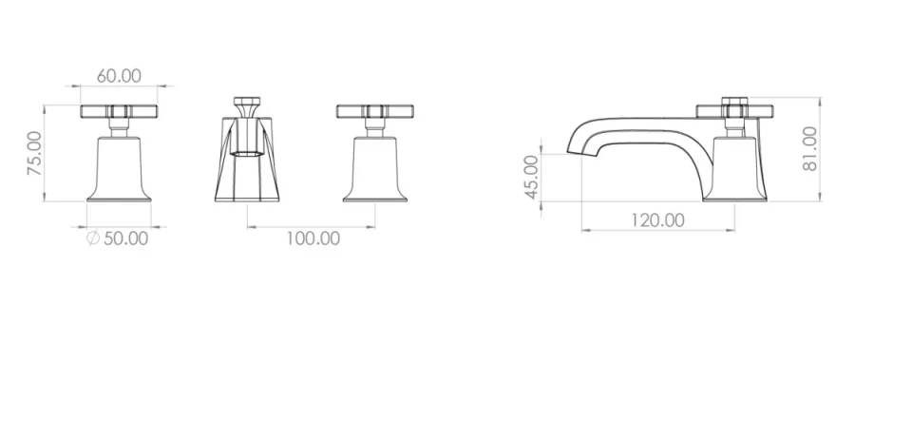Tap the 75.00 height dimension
tap(34, 153)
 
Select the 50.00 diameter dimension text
tap(125, 238)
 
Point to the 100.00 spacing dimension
tap(313, 238)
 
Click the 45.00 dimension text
tap(531, 177)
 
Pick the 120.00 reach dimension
tap(657, 220)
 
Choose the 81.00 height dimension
tap(809, 147)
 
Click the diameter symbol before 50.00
tap(92, 238)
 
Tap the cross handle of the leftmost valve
tap(118, 112)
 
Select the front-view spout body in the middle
tap(247, 166)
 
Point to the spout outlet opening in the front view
tap(246, 150)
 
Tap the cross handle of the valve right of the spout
tap(375, 112)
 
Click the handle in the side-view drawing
tap(731, 113)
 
